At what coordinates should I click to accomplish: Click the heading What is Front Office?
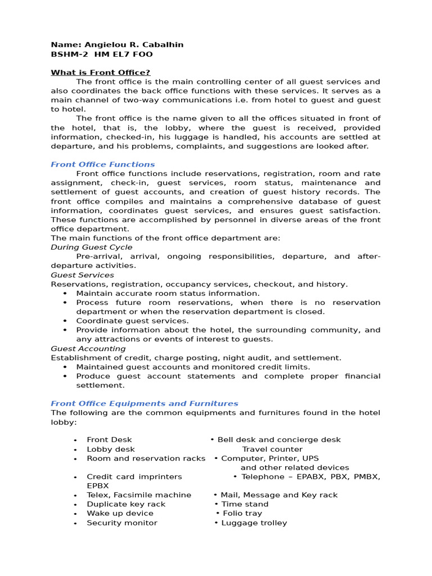click(x=101, y=73)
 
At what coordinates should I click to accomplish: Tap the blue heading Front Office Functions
click(x=102, y=164)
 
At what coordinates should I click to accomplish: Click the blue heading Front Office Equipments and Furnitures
click(x=145, y=403)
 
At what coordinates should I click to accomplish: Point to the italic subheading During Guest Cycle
click(x=92, y=247)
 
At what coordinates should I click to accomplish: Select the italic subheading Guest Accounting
click(x=88, y=349)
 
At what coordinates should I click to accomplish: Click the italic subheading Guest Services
click(x=82, y=275)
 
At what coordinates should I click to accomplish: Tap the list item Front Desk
click(x=109, y=440)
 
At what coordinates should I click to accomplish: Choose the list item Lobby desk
click(x=111, y=449)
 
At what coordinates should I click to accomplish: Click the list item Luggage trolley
click(x=254, y=523)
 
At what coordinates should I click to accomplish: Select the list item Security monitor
click(x=122, y=523)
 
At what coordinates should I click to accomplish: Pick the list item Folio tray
click(x=242, y=514)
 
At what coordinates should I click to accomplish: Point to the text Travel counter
click(x=272, y=449)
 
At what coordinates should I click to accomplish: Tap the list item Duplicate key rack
click(x=126, y=504)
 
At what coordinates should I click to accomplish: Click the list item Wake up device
click(x=120, y=514)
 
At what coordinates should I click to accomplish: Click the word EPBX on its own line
click(x=98, y=485)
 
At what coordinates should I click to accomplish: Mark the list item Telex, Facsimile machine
click(x=139, y=495)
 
